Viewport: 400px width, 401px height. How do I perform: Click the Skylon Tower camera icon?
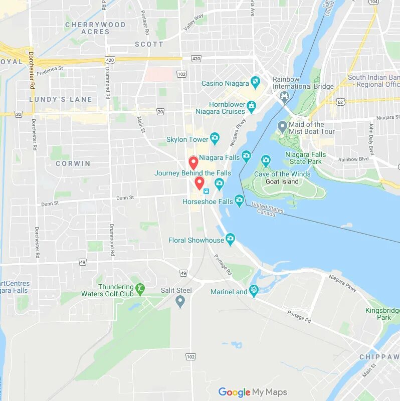[215, 138]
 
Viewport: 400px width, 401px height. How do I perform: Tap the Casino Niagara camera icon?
[256, 82]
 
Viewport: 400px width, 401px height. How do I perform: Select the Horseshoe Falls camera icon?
[239, 201]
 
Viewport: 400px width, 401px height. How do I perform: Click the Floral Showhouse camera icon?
[230, 240]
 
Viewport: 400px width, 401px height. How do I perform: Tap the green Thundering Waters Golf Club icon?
[140, 289]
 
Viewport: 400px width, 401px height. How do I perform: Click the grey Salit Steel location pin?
[180, 301]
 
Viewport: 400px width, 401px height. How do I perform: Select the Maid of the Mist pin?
[282, 126]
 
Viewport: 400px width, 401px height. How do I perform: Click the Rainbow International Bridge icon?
[285, 96]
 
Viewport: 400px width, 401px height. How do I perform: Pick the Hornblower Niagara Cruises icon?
[251, 107]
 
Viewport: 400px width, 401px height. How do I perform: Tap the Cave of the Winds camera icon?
[266, 161]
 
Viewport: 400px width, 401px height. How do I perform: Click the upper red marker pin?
[193, 163]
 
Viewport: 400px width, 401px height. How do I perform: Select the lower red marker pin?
[199, 183]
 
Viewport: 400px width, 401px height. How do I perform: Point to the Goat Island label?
[282, 181]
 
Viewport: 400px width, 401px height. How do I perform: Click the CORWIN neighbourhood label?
[73, 163]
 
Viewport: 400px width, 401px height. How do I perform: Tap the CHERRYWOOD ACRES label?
[95, 28]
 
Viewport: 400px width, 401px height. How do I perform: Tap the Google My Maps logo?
[253, 392]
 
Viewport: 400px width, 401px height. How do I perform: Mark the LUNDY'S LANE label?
[61, 99]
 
